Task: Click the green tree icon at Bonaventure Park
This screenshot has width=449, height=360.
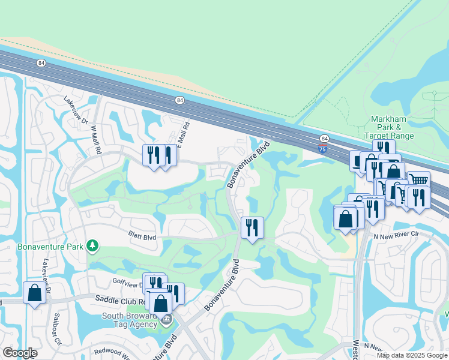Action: point(92,245)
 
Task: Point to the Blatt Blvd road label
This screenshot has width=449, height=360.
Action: point(142,237)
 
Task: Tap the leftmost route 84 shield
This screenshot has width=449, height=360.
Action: point(41,62)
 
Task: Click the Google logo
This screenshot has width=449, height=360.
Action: point(20,353)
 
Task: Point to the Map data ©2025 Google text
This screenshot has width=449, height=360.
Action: point(412,355)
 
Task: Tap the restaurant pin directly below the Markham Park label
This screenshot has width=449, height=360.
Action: point(383,148)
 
